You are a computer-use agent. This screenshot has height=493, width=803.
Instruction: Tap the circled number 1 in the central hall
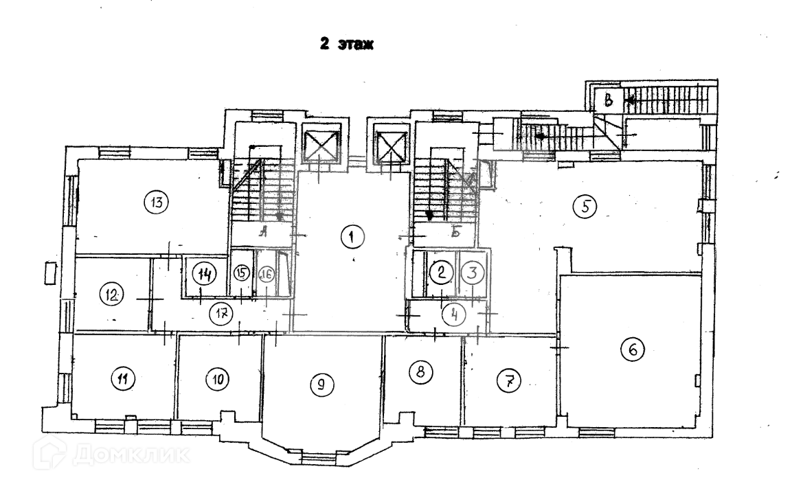tap(351, 237)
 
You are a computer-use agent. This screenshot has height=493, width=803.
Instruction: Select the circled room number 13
tap(156, 202)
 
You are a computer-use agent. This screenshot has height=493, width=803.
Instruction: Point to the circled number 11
tap(124, 378)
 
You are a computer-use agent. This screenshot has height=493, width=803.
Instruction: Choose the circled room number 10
tap(218, 378)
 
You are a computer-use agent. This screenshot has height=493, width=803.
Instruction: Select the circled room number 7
tap(509, 380)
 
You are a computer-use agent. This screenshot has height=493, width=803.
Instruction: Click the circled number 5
tap(585, 205)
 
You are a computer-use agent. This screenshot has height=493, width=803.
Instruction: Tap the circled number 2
tap(441, 271)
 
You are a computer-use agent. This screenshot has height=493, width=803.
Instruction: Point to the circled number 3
tap(471, 271)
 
